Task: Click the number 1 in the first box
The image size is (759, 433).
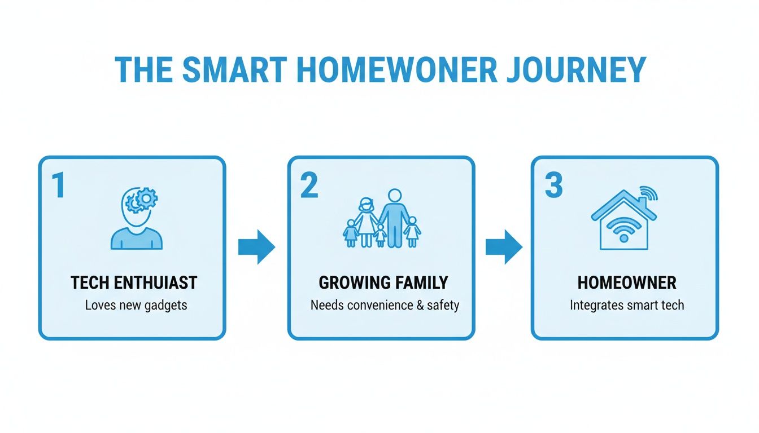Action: coord(58,186)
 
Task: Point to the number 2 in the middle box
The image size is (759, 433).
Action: coord(308,186)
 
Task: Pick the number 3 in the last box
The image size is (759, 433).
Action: coord(553,186)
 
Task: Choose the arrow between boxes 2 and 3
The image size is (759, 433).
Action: coord(504,247)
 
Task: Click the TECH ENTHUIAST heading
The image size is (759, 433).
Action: coord(134,282)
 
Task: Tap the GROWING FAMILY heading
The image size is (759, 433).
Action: coord(383,282)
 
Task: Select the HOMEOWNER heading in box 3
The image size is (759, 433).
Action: coord(627,282)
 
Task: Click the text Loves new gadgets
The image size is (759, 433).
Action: coord(136,306)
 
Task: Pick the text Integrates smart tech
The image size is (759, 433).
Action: coord(627,306)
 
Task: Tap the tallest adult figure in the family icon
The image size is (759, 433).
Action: coord(395,217)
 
